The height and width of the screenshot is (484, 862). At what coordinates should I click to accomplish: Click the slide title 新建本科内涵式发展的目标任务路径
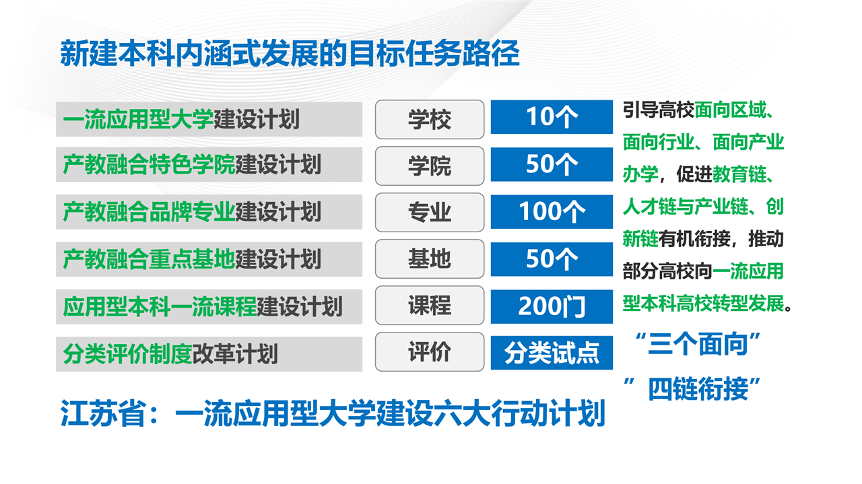[x=290, y=53]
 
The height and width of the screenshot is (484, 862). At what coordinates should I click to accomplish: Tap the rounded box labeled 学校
[x=430, y=119]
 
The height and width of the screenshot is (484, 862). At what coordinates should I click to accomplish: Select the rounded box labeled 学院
[x=430, y=166]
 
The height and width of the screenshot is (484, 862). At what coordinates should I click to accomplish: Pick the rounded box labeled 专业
[x=430, y=212]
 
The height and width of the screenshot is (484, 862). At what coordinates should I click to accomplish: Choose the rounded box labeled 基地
[x=430, y=259]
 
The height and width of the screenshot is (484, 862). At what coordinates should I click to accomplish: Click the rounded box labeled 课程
[x=430, y=306]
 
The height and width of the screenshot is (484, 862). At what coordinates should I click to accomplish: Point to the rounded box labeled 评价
[x=430, y=352]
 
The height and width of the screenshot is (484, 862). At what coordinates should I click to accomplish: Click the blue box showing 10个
[x=552, y=117]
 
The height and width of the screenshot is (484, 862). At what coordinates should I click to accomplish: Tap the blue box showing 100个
[x=552, y=211]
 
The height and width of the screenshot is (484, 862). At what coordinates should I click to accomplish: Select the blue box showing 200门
[x=552, y=307]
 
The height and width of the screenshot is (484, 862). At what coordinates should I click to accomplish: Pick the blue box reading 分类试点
[x=552, y=353]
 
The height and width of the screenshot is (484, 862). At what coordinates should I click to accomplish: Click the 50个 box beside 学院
[x=552, y=164]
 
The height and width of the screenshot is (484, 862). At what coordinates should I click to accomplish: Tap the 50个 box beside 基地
[x=552, y=259]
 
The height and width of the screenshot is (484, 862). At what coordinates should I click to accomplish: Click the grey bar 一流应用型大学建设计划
[x=209, y=119]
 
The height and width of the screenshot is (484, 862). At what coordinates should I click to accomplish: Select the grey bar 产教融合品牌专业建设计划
[x=209, y=212]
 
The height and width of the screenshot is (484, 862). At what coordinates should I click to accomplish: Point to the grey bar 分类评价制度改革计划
[x=209, y=354]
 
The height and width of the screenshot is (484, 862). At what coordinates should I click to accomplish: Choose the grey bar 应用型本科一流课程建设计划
[x=209, y=307]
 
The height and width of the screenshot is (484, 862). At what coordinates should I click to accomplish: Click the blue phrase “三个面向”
[x=697, y=343]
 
